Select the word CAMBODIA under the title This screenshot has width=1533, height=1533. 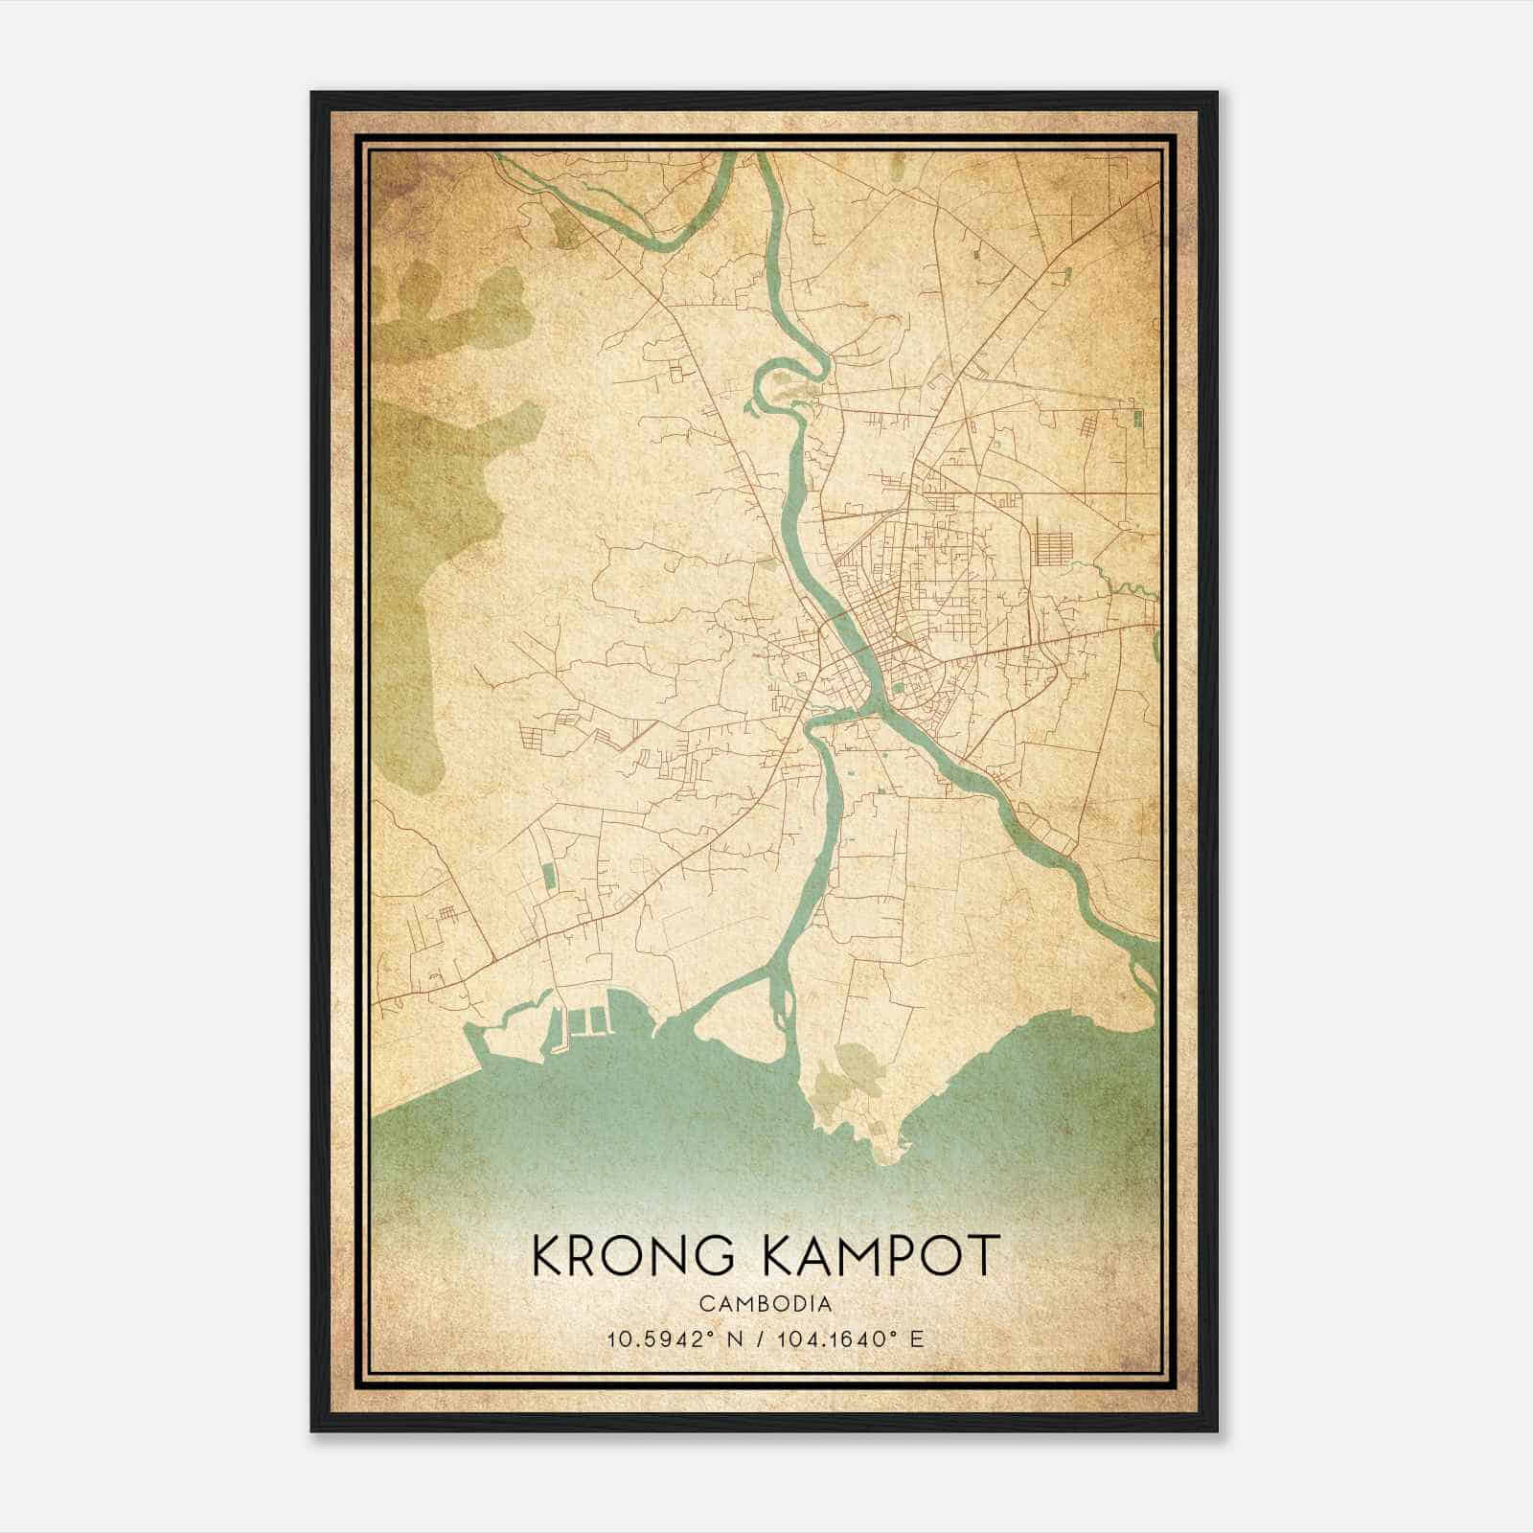tap(766, 1304)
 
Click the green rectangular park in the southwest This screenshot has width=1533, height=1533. tap(548, 876)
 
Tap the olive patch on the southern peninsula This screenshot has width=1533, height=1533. tap(856, 1066)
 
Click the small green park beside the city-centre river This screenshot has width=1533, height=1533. tap(898, 686)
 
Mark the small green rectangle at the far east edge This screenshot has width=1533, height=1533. tap(1138, 419)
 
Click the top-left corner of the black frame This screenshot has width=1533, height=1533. tap(312, 93)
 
